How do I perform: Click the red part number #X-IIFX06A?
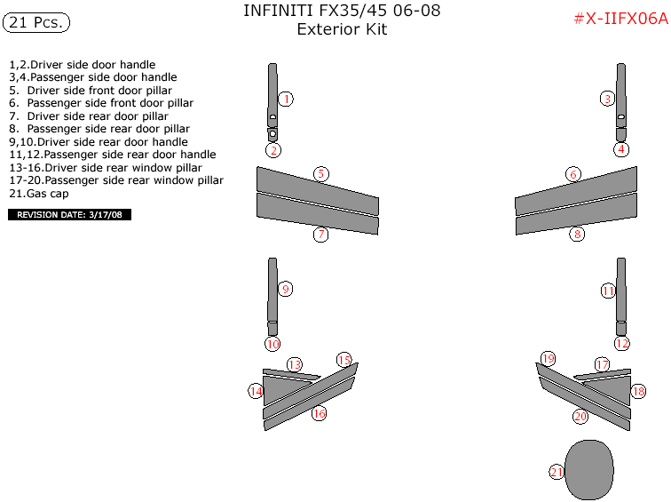[621, 19]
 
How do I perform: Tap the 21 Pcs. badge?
[36, 23]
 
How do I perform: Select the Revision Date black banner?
[70, 215]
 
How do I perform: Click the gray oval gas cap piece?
[589, 470]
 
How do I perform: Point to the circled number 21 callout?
[557, 472]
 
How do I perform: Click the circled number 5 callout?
[321, 174]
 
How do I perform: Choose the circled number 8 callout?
[577, 234]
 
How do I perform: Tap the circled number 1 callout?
[286, 99]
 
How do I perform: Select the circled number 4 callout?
[621, 149]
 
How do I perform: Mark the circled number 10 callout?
[272, 344]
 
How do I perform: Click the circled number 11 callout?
[608, 291]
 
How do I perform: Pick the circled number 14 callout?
[256, 391]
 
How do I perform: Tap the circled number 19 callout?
[548, 359]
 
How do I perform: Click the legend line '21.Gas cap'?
[39, 194]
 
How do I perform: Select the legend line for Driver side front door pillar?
[91, 91]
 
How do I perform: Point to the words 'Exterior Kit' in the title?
[342, 29]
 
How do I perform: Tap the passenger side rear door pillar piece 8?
[576, 214]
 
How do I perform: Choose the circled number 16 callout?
[319, 413]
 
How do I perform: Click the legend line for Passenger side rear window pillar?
[116, 180]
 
